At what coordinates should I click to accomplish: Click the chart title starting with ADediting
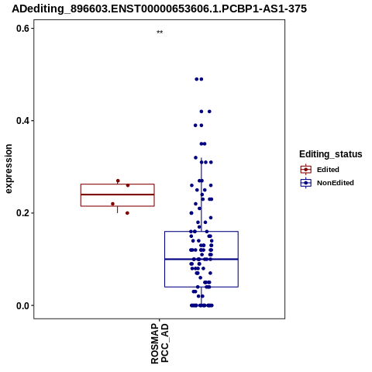159,9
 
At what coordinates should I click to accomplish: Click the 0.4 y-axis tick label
22,121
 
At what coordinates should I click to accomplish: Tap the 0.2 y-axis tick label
22,213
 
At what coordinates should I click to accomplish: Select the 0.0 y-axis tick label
22,305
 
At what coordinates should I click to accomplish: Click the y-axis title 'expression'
9,169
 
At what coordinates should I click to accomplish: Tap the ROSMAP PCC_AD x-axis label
160,343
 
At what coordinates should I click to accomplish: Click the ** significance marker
160,32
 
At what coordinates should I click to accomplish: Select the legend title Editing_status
331,154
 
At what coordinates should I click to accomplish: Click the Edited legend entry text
328,170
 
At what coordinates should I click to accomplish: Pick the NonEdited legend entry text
336,183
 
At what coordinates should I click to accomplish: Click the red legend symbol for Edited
306,170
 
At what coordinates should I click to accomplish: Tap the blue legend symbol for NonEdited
306,183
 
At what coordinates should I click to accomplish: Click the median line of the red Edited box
118,195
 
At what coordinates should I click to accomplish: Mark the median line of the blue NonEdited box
201,259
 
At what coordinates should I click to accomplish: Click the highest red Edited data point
118,181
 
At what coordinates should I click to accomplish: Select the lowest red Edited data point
127,213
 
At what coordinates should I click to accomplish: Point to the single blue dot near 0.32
195,157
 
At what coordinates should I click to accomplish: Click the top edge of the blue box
201,232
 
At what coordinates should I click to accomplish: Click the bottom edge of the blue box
201,287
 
